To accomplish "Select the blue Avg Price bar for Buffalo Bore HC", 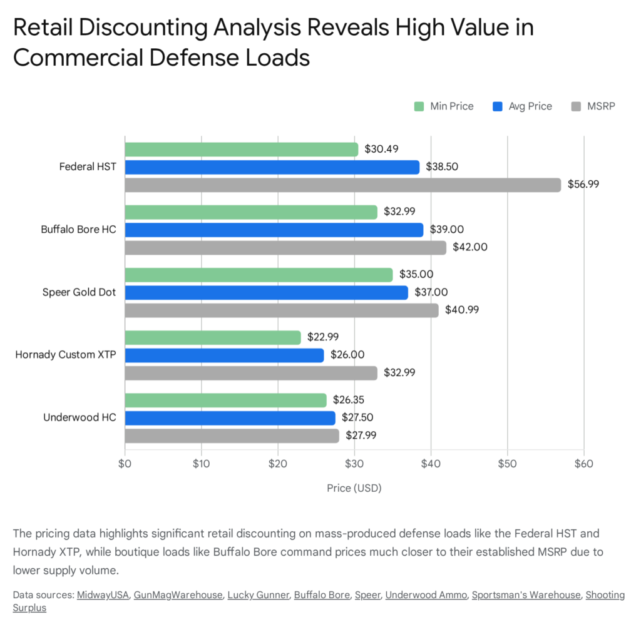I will coord(274,230).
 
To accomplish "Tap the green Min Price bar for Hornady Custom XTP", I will coord(213,337).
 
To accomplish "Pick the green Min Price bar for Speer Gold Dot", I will coord(259,275).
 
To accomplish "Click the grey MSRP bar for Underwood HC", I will coord(232,436).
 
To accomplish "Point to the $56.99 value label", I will coord(583,185).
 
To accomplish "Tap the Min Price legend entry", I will coord(444,106).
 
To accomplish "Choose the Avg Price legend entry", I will coord(523,106).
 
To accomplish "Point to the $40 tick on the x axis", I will coord(431,464).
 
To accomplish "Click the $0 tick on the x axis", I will coord(125,464).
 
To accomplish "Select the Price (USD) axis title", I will coord(354,487).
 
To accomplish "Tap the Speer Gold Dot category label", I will coord(79,292).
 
